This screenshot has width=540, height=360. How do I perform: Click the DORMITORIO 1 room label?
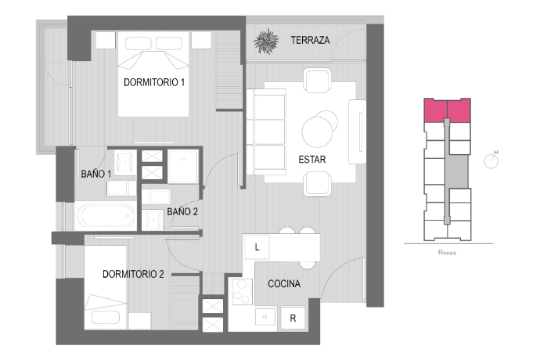(x=154, y=82)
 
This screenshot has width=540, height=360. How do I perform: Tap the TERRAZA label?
(x=310, y=41)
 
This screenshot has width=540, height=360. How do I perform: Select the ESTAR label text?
(x=312, y=160)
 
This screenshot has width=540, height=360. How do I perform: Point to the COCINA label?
(x=284, y=283)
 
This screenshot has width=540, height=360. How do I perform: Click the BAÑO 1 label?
(x=96, y=174)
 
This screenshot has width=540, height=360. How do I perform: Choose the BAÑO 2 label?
(x=182, y=211)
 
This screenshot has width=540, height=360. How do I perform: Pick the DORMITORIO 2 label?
(x=133, y=274)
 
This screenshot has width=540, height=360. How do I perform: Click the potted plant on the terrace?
(x=266, y=41)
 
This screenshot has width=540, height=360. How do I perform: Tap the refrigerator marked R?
(x=293, y=318)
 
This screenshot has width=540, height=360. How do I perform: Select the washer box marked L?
(x=257, y=247)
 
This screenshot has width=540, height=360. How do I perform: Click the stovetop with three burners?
(x=242, y=292)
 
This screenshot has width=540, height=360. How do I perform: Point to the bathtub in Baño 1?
(x=106, y=216)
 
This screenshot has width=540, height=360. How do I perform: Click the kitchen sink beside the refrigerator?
(x=265, y=317)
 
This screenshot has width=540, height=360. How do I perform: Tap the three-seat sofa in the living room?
(x=266, y=132)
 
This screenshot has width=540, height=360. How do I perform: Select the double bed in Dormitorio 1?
(x=153, y=74)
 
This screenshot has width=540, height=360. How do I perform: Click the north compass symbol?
(x=491, y=161)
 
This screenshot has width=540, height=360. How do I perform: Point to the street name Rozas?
(x=447, y=253)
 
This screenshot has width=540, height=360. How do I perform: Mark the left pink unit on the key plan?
(x=435, y=110)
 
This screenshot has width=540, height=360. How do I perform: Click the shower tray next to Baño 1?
(x=183, y=166)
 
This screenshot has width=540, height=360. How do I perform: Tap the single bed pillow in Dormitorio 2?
(x=106, y=318)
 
